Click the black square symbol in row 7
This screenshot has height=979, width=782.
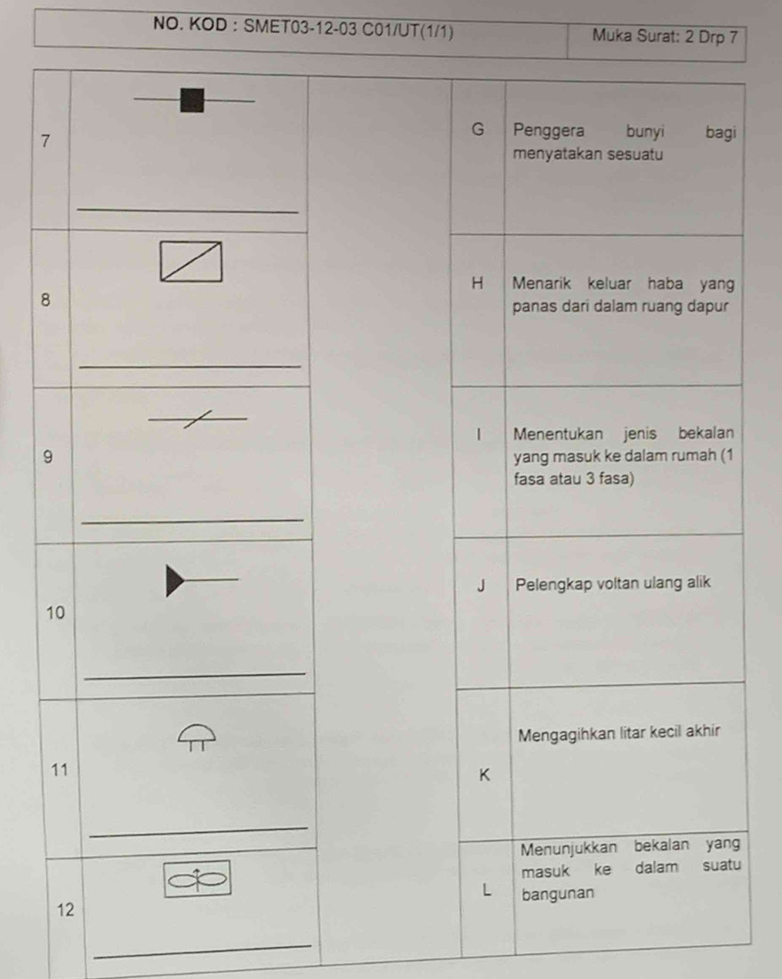[192, 99]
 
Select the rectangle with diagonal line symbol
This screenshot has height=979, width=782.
[191, 261]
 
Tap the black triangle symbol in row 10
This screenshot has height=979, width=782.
[175, 581]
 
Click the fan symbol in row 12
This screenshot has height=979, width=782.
[197, 880]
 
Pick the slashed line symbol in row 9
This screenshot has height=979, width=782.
[198, 419]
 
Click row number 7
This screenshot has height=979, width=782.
[44, 141]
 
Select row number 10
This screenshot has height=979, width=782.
[55, 612]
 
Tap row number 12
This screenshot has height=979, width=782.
[66, 910]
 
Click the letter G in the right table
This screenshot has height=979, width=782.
[478, 130]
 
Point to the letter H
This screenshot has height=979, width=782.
[477, 283]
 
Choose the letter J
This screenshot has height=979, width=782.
[481, 585]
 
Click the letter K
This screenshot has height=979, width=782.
[484, 775]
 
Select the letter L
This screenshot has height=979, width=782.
[487, 891]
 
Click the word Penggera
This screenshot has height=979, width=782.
[549, 131]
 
